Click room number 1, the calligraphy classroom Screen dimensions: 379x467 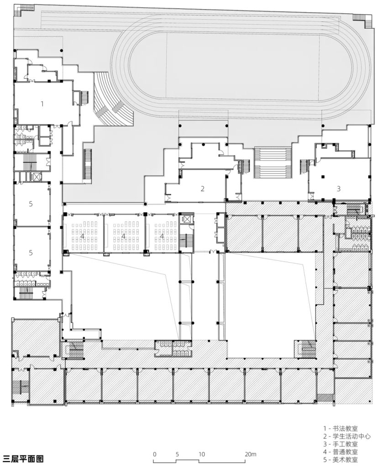pos(42,104)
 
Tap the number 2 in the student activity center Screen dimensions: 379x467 pos(202,188)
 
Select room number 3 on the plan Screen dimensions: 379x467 pos(338,188)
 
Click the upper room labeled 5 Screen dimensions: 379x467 pos(31,204)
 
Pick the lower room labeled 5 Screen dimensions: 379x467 pos(31,253)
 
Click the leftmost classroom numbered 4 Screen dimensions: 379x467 pos(82,236)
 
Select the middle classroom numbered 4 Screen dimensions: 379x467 pos(123,236)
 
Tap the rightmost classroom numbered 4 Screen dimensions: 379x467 pos(162,236)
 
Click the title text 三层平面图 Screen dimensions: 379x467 pos(23,458)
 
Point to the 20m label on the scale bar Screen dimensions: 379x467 pos(250,454)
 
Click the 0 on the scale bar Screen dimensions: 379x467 pos(154,454)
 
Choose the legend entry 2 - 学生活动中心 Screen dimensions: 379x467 pos(347,436)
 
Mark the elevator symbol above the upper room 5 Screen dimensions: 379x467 pos(36,177)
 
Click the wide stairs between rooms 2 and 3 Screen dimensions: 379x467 pos(273,163)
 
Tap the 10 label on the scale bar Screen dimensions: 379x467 pos(202,454)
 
